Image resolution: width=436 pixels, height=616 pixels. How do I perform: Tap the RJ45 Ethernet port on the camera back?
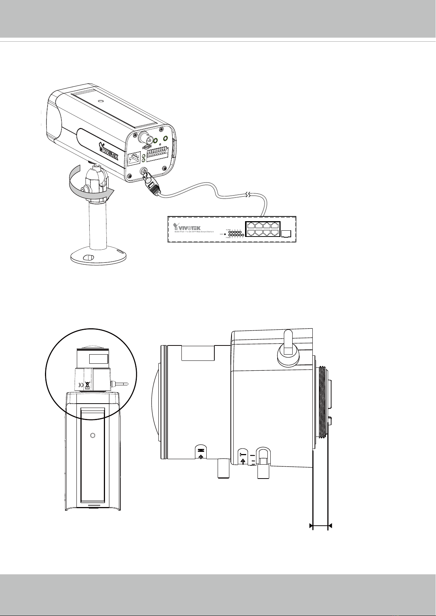[x=134, y=158]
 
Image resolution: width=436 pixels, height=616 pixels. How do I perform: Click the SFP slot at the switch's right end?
[x=286, y=233]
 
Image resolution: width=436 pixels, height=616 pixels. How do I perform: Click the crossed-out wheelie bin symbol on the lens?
[x=87, y=385]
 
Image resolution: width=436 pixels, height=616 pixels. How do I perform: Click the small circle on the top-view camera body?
[x=92, y=435]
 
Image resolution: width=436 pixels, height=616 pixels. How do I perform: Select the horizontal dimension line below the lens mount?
[x=320, y=526]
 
